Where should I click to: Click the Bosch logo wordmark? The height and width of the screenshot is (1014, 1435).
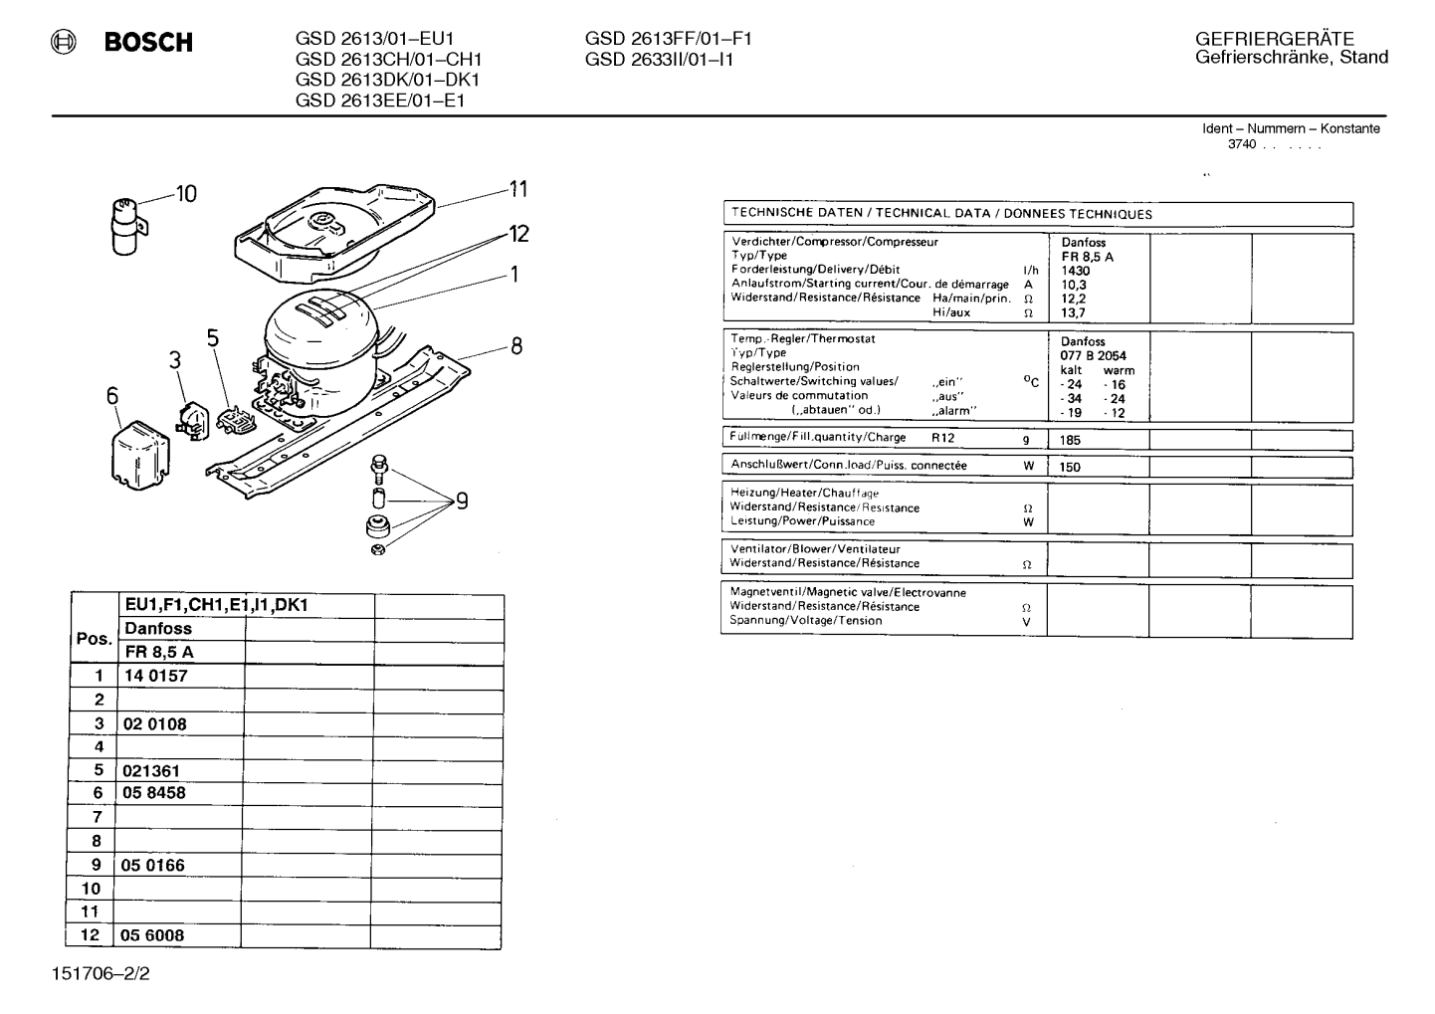[148, 42]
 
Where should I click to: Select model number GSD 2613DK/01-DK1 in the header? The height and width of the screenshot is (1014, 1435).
[387, 80]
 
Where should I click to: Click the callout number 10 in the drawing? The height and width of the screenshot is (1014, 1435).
[186, 193]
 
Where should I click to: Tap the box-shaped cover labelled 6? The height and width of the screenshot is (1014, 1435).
[140, 455]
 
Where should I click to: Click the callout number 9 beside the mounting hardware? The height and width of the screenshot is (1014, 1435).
[462, 501]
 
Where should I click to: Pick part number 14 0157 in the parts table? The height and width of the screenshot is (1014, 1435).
[155, 676]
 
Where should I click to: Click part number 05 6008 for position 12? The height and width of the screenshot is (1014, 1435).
[152, 935]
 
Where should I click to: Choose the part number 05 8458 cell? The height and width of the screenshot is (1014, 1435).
[153, 793]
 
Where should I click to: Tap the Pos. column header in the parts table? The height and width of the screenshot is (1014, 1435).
[95, 639]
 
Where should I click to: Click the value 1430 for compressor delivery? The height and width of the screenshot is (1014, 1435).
[1076, 271]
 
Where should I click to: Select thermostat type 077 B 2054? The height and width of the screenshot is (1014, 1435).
[1093, 356]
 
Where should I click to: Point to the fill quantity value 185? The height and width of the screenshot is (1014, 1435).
[1070, 440]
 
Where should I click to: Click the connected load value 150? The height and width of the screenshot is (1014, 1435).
[1070, 467]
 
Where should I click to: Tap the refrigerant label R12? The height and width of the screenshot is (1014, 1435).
[943, 438]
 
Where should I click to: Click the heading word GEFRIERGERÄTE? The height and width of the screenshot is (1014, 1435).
[1274, 39]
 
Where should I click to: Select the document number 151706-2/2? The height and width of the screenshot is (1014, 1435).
[101, 974]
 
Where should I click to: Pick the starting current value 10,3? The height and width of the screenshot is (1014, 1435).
[1074, 285]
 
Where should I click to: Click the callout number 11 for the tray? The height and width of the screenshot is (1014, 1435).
[518, 189]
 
